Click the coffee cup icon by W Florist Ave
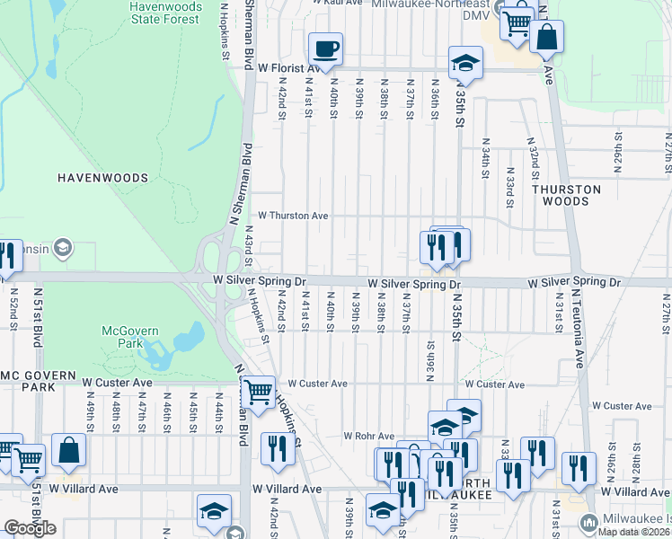click(326, 49)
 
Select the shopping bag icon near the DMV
click(545, 38)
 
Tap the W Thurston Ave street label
click(293, 216)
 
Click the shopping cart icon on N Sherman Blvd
click(259, 393)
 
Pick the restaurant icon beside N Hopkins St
click(278, 448)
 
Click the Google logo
click(30, 528)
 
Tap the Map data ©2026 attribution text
click(632, 532)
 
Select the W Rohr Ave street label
click(369, 436)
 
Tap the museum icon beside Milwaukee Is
click(589, 522)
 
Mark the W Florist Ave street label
click(289, 67)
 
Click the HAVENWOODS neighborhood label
click(102, 178)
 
